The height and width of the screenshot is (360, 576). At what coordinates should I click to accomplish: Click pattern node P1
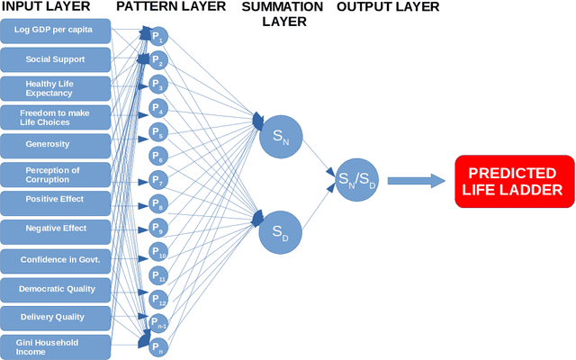point(157,38)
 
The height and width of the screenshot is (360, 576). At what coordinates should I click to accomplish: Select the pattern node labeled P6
point(157,155)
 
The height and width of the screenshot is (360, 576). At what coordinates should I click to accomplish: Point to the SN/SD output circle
point(356,181)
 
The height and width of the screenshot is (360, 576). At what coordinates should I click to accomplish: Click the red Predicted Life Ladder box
point(513,181)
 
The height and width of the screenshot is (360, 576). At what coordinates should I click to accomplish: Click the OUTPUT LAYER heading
point(388,7)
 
